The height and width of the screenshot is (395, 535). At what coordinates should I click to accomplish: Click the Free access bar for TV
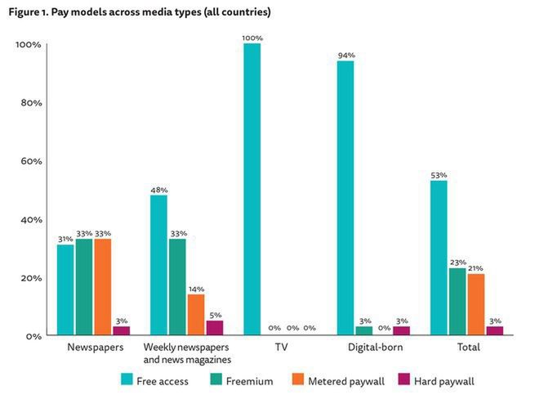[x=252, y=189]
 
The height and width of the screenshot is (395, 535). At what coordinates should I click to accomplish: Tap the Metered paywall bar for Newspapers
[x=102, y=286]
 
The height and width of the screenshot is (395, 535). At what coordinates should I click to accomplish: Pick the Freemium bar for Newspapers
[x=83, y=286]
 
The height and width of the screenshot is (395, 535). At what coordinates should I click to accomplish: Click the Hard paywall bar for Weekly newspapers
[x=214, y=327]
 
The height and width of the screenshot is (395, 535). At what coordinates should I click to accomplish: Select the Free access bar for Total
[x=439, y=258]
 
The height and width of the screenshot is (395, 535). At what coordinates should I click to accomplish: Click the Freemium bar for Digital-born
[x=364, y=330]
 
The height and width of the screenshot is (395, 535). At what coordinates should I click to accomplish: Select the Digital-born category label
[x=364, y=348]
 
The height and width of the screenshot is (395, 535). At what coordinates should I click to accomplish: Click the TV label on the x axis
[x=281, y=348]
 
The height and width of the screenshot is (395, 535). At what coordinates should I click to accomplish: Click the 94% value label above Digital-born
[x=346, y=55]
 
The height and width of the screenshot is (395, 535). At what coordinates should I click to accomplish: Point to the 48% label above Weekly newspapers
[x=158, y=190]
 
